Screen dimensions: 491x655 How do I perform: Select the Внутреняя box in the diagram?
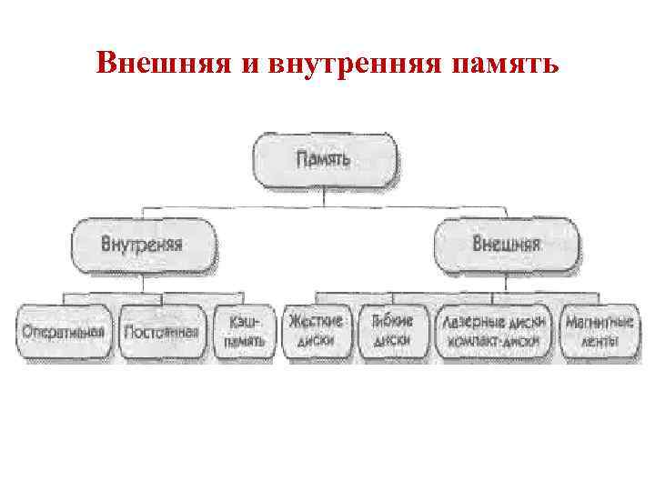[x=143, y=245]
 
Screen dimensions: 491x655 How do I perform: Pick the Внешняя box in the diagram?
[x=507, y=245]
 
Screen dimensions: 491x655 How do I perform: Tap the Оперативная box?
[x=65, y=332]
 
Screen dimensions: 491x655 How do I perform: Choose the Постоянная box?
[x=161, y=332]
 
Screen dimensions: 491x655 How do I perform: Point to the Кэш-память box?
[x=244, y=332]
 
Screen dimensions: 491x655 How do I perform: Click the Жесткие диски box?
[x=316, y=332]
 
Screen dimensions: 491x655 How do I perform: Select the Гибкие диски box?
[x=392, y=332]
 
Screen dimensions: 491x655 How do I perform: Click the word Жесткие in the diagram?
[x=316, y=321]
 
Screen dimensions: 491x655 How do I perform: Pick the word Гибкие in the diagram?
[x=392, y=321]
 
